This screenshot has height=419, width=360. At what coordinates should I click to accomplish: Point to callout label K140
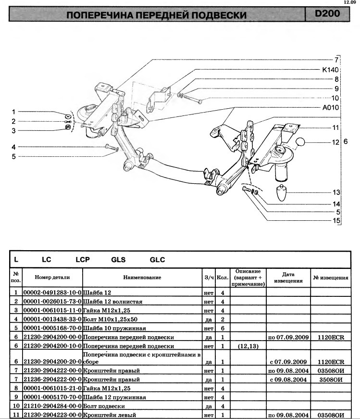tap(330, 70)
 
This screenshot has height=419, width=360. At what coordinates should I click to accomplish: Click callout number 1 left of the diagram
tap(14, 112)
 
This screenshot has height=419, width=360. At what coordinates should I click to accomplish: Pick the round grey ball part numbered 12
tap(301, 142)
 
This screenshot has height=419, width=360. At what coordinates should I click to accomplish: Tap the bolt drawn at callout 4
tap(107, 147)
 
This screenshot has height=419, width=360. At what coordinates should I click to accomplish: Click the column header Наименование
tap(142, 278)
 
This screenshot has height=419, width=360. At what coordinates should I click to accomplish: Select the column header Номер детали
tap(52, 278)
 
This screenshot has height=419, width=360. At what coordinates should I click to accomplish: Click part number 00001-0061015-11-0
tap(52, 310)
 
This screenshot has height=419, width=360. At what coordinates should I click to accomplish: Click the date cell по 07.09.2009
tap(288, 337)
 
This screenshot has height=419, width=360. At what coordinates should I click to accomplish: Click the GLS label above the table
tap(118, 260)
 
